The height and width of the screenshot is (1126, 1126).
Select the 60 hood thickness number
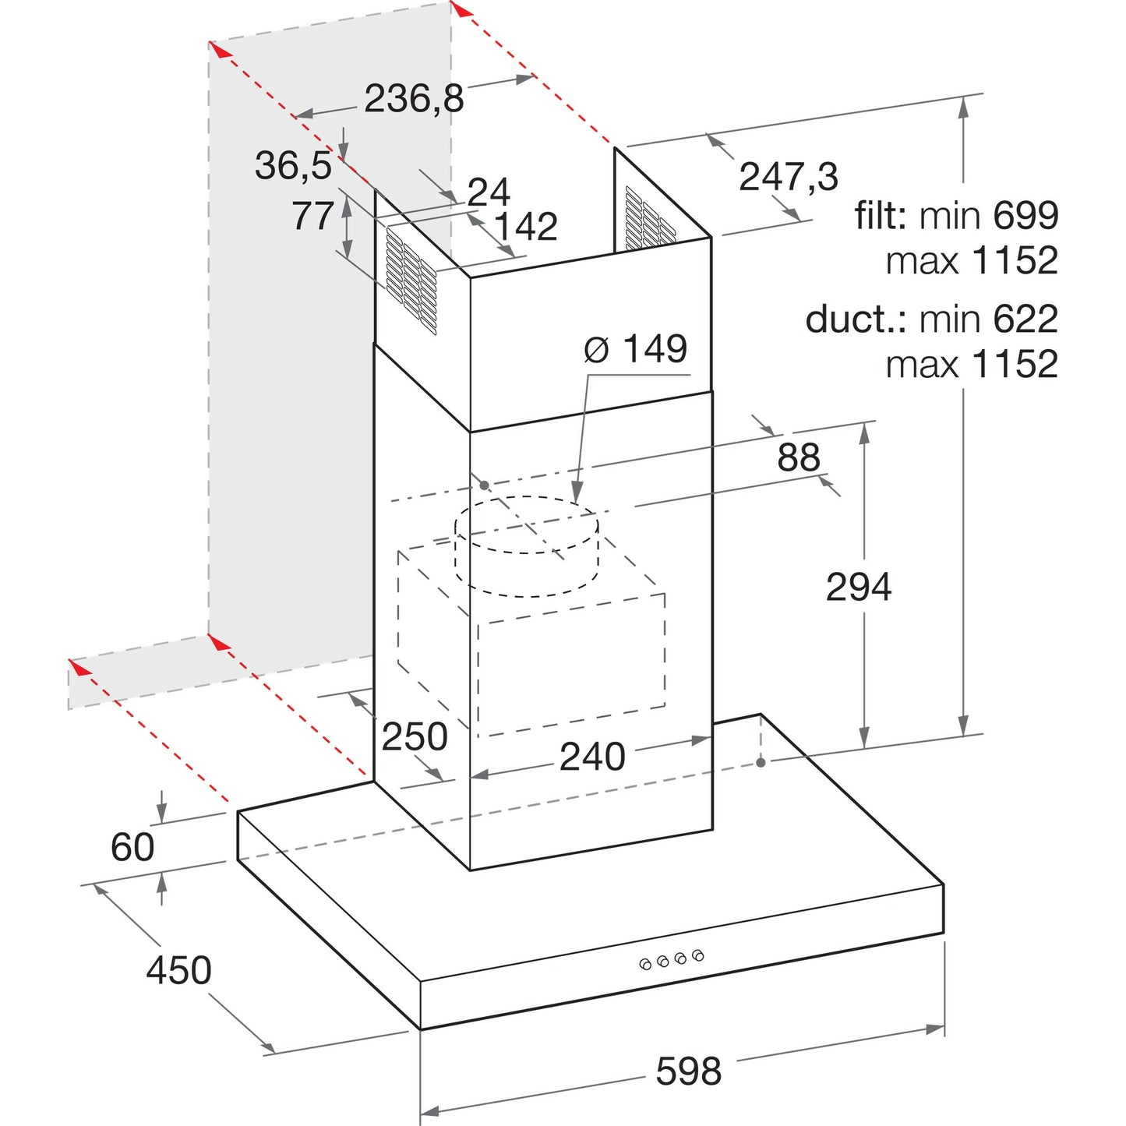pos(132,846)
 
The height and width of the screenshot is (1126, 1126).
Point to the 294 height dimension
pos(859,587)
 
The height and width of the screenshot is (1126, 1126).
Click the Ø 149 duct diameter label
pos(636,349)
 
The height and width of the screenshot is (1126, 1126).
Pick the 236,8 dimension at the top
pos(415,99)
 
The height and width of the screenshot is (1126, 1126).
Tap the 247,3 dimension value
pos(789,177)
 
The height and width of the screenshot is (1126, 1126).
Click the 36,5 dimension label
pos(293,165)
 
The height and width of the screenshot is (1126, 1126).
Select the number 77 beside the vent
pos(312,216)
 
